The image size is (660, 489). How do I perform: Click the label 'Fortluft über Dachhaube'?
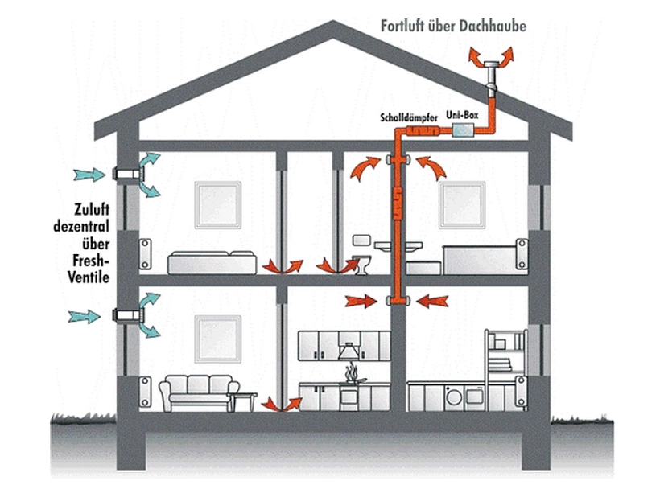point(453,27)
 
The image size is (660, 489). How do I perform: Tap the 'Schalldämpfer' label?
point(409,117)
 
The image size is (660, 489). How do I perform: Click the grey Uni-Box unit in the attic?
point(464,130)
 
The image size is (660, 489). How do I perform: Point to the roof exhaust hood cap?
point(489,64)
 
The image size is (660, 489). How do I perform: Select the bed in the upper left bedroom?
point(211,261)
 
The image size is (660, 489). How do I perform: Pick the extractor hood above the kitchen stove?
point(352,349)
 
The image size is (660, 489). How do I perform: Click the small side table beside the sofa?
point(248,400)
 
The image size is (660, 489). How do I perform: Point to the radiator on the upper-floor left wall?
point(145,253)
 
